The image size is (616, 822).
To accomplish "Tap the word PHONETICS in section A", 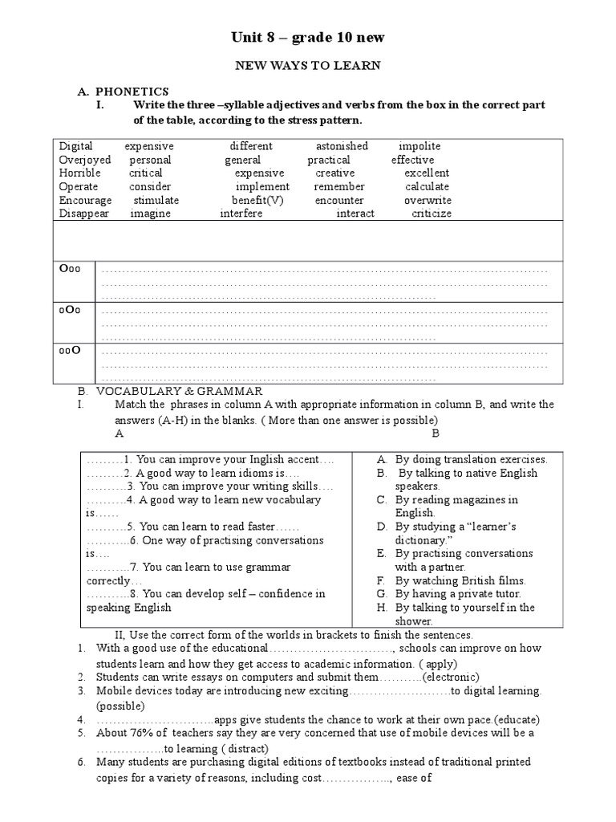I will (x=132, y=92).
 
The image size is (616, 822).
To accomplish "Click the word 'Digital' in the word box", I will (x=76, y=146).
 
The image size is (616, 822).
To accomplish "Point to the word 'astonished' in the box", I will (x=342, y=146).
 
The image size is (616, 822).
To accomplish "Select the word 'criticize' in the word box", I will (x=432, y=214).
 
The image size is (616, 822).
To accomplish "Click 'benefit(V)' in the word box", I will (x=257, y=200).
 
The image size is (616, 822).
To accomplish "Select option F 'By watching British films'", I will (x=460, y=580).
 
